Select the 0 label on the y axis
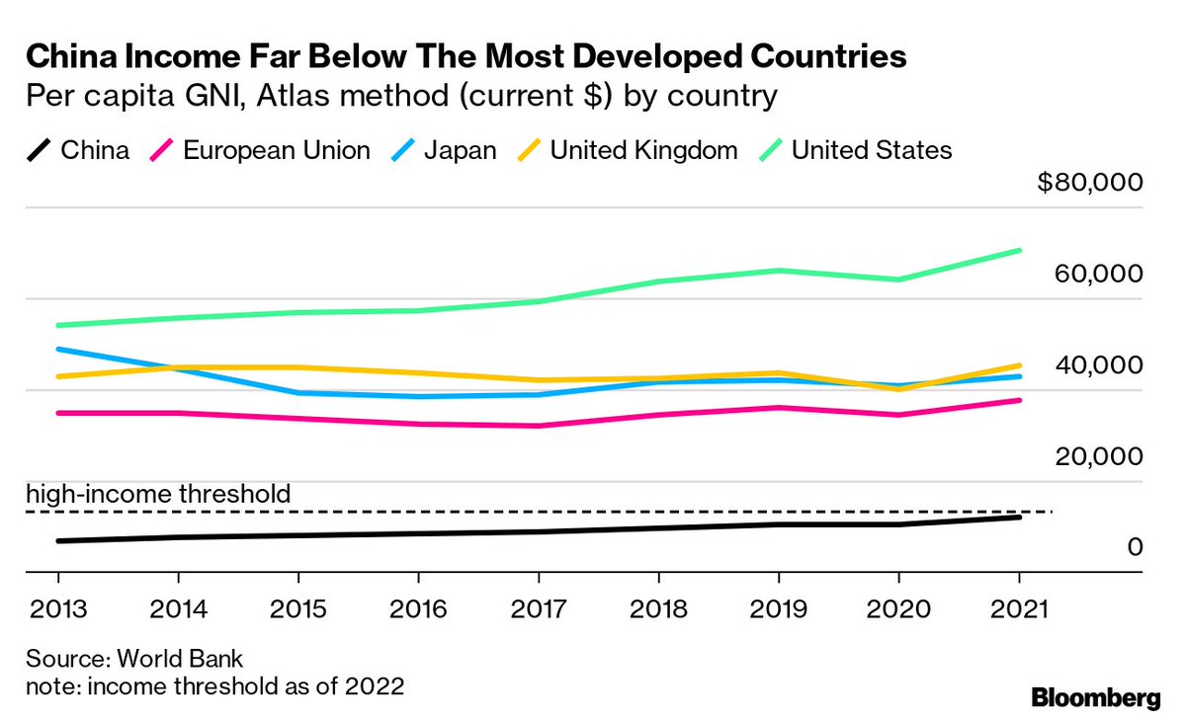pos(1135,547)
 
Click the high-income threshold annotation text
pos(158,493)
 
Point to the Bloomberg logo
pos(1096,698)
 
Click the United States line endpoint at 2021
pos(1019,251)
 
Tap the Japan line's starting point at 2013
pos(57,350)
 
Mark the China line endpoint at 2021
pos(1019,517)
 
